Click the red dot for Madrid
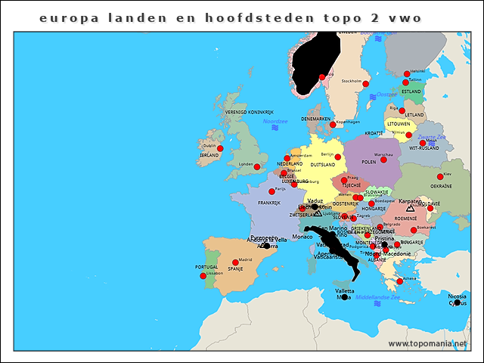click(235, 262)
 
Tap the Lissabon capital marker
click(203, 276)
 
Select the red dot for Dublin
click(222, 150)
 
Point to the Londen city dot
click(257, 166)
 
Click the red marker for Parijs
click(271, 191)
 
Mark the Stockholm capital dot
click(365, 84)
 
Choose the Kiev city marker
click(440, 177)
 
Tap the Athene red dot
click(400, 281)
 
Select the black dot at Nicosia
click(457, 302)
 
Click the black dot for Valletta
click(344, 297)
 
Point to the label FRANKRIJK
click(268, 203)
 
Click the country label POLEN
click(369, 162)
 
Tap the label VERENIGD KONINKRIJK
click(238, 112)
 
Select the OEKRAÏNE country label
click(441, 186)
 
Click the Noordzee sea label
click(275, 121)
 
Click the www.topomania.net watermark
click(427, 343)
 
